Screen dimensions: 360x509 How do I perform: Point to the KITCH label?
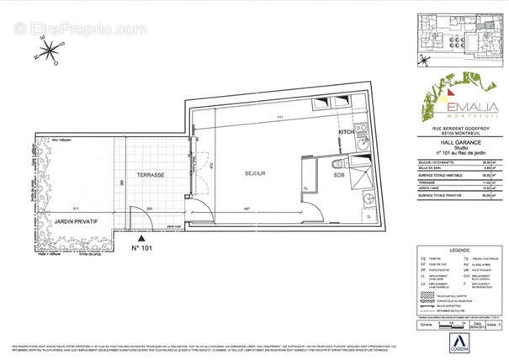tap(347, 133)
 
